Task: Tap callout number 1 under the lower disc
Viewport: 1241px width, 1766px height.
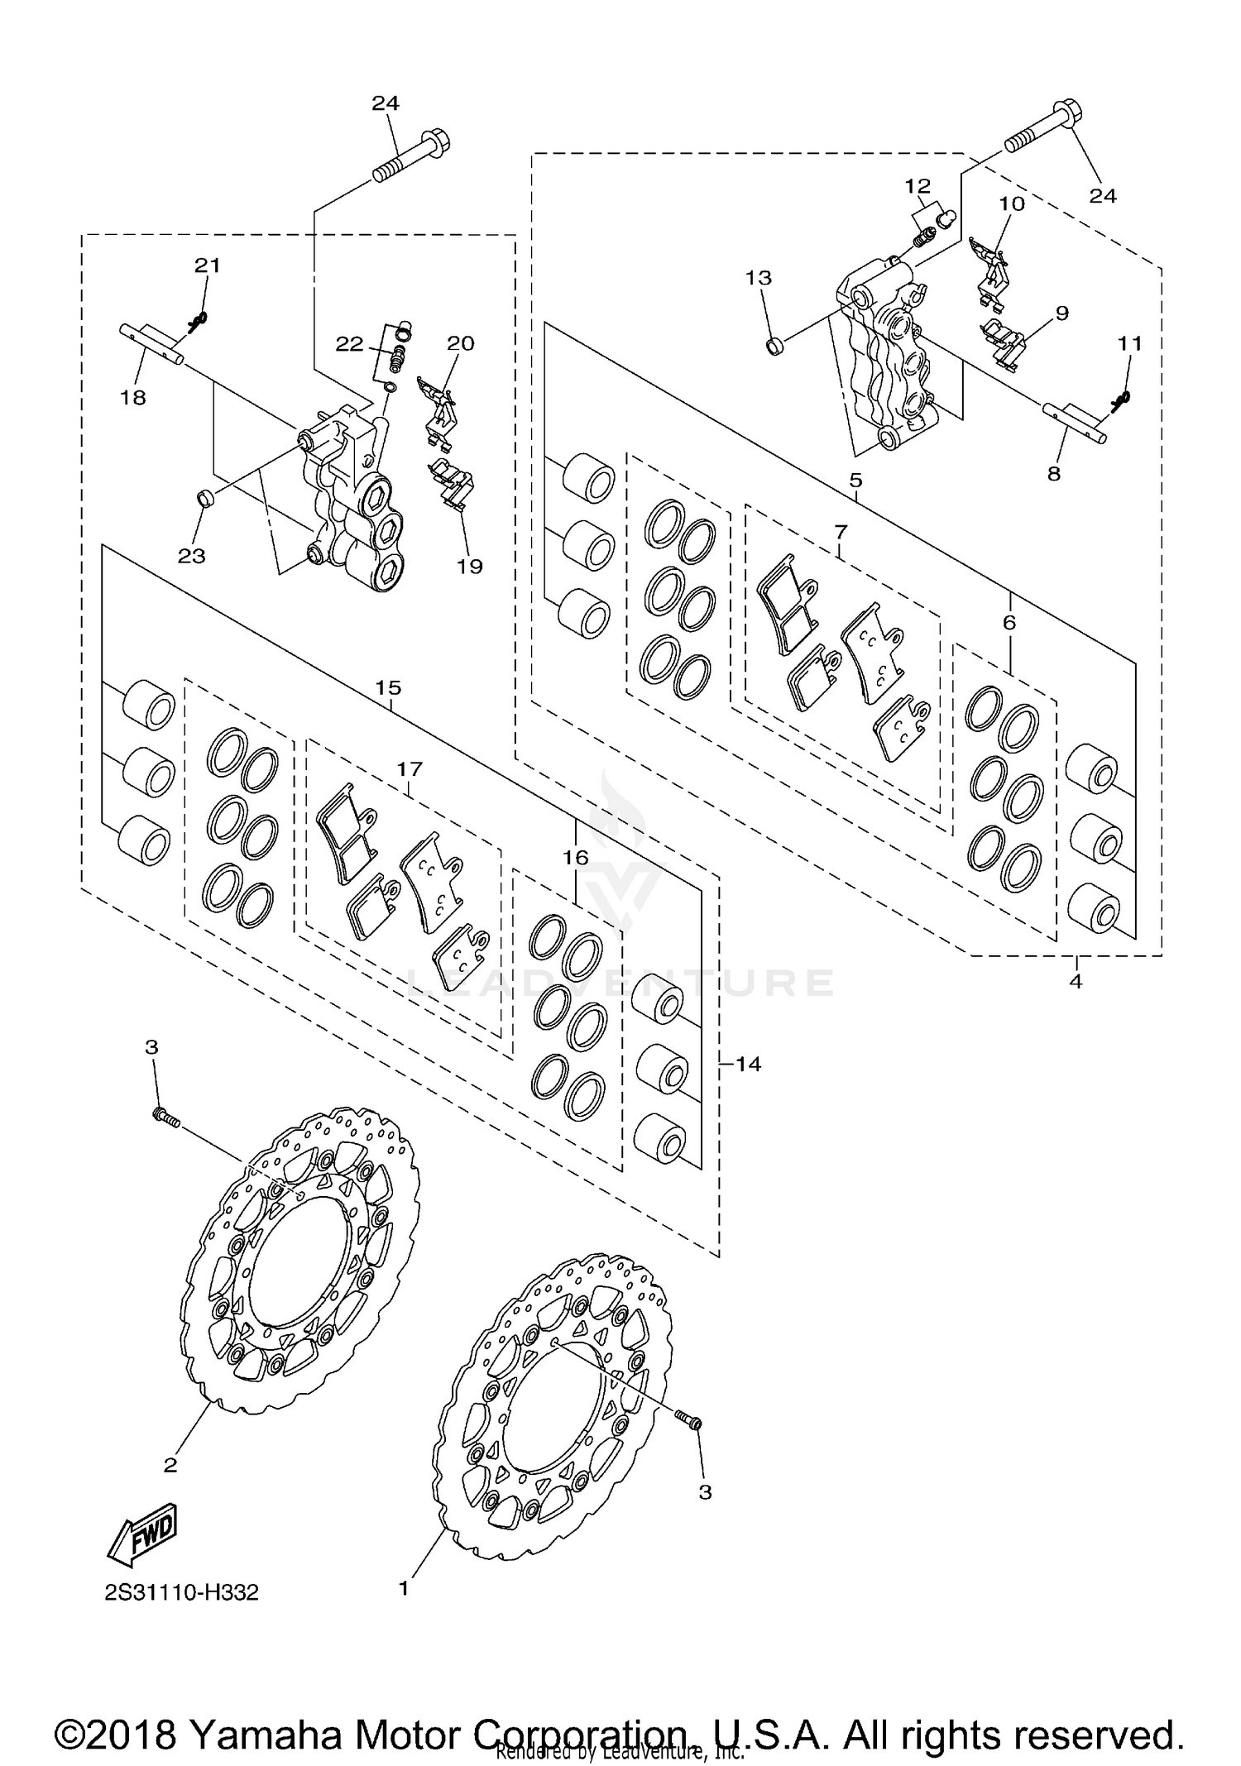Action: click(x=404, y=1589)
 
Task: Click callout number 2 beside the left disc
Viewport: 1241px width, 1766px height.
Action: click(x=170, y=1465)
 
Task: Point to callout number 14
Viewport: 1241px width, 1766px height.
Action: click(x=748, y=1064)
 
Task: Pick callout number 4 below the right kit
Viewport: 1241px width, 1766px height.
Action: click(x=1076, y=982)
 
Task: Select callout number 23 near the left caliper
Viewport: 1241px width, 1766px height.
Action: click(x=192, y=556)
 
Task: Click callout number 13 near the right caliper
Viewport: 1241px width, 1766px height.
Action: click(x=759, y=278)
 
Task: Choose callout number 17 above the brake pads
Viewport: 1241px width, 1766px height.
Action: click(x=410, y=769)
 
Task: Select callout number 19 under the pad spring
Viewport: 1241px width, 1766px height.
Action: click(x=469, y=567)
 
